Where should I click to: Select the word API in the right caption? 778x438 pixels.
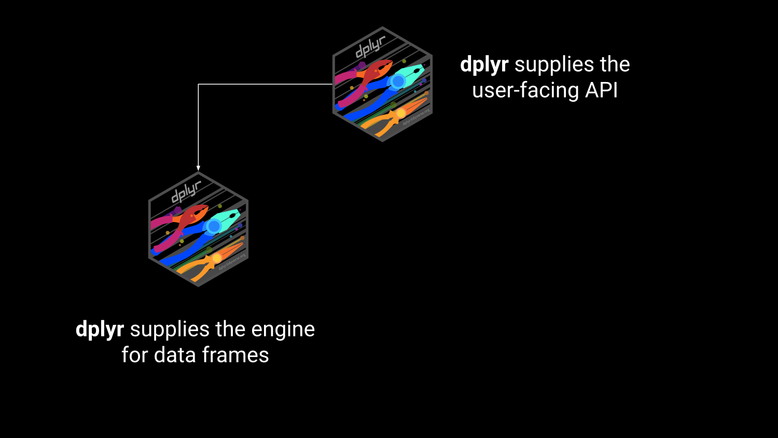tap(602, 90)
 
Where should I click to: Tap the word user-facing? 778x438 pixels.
tap(525, 90)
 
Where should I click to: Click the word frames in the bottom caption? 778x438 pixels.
tap(235, 355)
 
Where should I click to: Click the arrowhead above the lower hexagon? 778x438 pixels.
tap(198, 168)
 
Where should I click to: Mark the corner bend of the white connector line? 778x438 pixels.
tap(198, 84)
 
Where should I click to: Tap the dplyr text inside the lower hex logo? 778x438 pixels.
tap(186, 193)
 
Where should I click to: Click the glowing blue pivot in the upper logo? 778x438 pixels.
tap(398, 81)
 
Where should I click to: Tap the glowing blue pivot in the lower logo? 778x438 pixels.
tap(214, 226)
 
